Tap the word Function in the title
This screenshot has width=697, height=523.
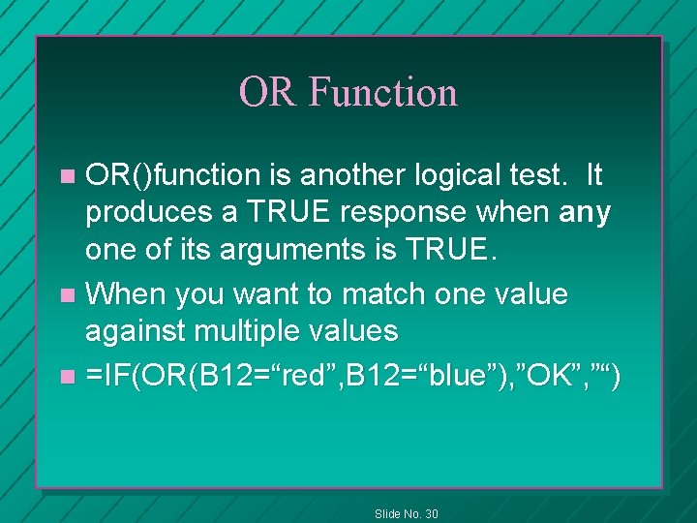point(382,92)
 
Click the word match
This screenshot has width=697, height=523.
point(378,292)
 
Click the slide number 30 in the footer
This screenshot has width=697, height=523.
point(429,513)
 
